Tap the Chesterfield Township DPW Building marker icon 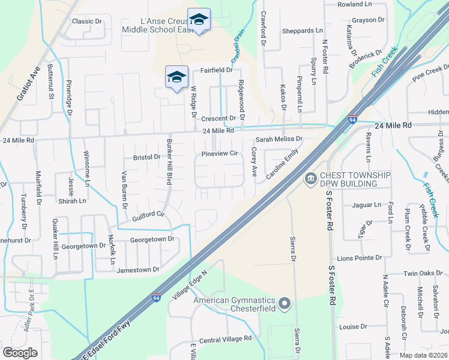point(311,178)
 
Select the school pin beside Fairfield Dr point(176,77)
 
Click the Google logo point(20,353)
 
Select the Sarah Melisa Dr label point(279,139)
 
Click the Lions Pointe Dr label point(360,258)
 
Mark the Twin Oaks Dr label point(426,273)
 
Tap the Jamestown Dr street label point(138,270)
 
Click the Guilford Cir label point(144,214)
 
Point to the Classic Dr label point(86,21)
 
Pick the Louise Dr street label point(352,327)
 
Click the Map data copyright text point(423,355)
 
